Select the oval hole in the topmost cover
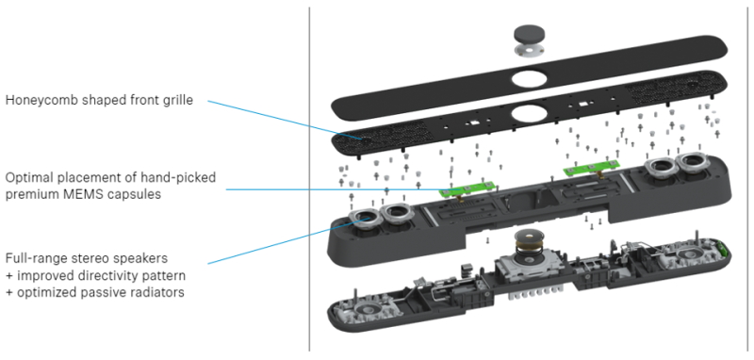[529, 78]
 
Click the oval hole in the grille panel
[529, 114]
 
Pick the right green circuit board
[591, 169]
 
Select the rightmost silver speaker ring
[692, 164]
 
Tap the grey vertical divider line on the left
[309, 179]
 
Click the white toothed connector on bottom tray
[535, 292]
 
